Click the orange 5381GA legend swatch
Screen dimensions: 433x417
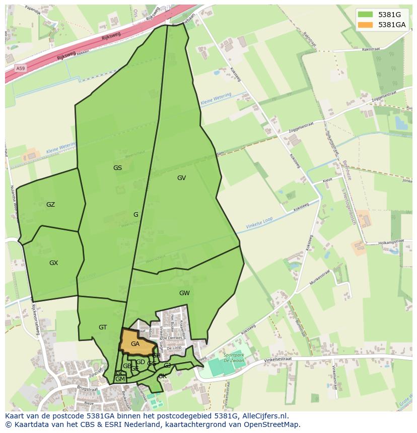point(366,25)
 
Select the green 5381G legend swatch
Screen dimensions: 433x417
point(366,15)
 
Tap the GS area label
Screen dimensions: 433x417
point(117,168)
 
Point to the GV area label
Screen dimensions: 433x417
point(181,178)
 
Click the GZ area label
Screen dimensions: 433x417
point(50,205)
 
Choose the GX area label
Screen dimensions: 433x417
point(53,263)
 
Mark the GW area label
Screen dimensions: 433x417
point(184,293)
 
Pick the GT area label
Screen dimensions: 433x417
point(103,327)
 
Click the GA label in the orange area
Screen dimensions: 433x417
point(135,344)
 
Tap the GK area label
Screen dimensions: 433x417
point(162,376)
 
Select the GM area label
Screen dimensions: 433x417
point(120,379)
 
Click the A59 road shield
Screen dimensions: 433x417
point(20,68)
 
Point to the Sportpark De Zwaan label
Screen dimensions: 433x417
point(233,357)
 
